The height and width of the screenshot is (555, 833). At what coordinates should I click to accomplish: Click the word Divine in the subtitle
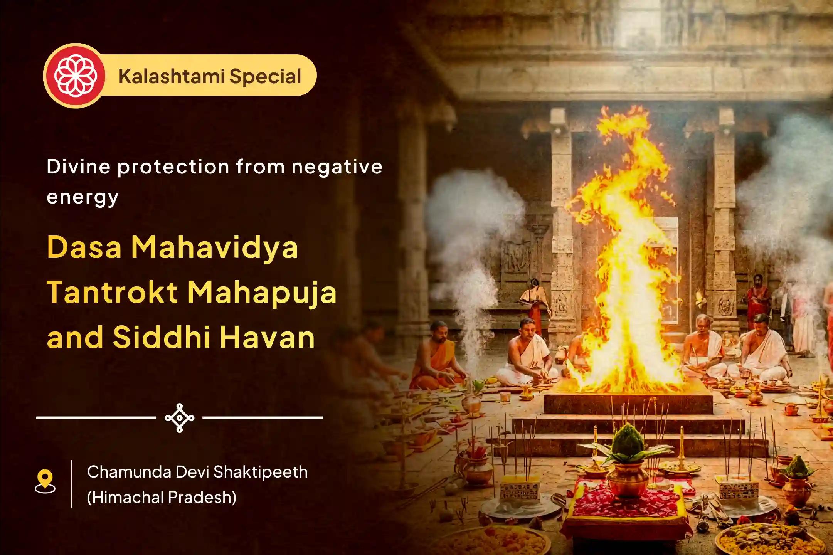click(x=78, y=166)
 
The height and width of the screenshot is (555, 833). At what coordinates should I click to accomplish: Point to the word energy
click(x=82, y=197)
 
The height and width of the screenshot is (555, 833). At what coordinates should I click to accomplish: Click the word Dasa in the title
click(x=84, y=247)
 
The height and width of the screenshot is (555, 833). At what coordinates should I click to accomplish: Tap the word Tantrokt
click(x=113, y=292)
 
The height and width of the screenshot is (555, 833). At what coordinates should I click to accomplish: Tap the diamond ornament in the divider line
click(x=179, y=418)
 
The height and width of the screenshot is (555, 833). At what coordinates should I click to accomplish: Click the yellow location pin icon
click(x=45, y=481)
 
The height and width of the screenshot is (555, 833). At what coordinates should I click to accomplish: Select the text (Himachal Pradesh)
click(x=162, y=497)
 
